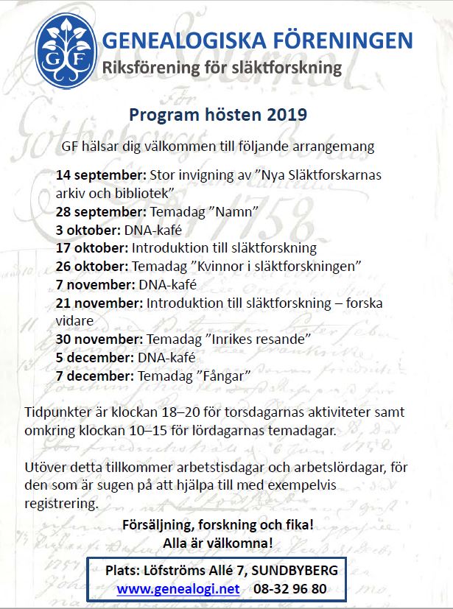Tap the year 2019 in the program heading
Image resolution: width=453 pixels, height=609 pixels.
(281, 115)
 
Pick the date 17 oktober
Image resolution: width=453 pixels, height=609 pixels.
(92, 248)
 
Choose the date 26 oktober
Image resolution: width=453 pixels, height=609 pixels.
(92, 266)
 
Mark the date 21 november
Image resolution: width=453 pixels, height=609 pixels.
(99, 303)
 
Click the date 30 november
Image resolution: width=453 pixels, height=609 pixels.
(99, 339)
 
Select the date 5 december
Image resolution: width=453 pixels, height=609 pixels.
(95, 357)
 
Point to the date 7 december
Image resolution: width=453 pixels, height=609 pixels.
(95, 376)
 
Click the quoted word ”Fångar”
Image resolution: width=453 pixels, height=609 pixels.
(225, 376)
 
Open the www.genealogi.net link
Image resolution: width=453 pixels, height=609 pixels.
(178, 588)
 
